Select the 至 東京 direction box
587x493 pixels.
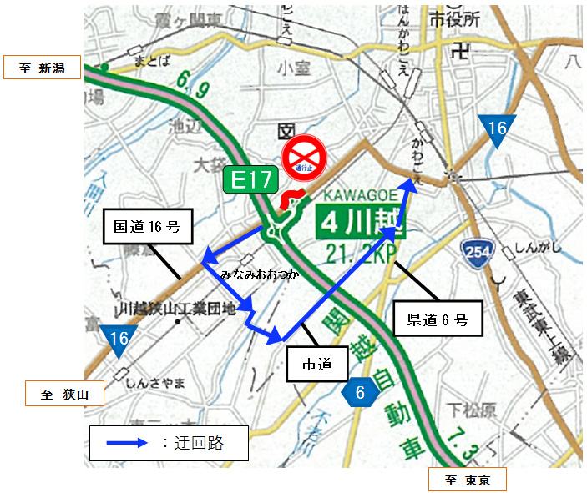[468, 480]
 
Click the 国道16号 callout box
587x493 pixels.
[145, 227]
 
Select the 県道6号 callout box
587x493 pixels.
[437, 319]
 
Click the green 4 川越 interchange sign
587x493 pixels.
[357, 223]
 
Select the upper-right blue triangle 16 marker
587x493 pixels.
[498, 130]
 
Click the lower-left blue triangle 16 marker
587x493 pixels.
[119, 339]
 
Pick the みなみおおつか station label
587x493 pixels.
[259, 274]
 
